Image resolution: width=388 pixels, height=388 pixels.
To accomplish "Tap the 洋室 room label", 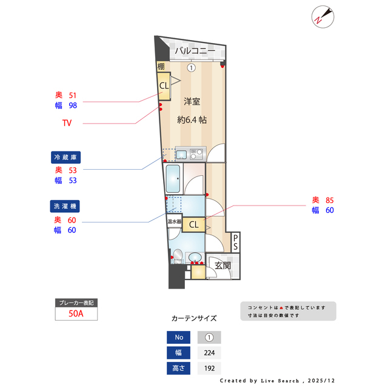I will click(x=192, y=102).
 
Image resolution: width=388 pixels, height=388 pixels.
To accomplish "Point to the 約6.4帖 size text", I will click(x=192, y=120).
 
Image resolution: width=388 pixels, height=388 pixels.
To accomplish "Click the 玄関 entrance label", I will click(x=222, y=266).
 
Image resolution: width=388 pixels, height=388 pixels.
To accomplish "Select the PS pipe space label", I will click(x=235, y=242).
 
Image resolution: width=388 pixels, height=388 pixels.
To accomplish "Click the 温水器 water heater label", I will click(x=175, y=222).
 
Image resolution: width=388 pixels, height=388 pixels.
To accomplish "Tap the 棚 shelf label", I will click(x=161, y=67).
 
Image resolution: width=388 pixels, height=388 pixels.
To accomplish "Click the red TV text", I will click(x=67, y=124).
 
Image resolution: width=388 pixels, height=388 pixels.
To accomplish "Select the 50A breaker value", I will click(x=76, y=314).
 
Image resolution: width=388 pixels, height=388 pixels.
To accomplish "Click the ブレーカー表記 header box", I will click(x=76, y=303).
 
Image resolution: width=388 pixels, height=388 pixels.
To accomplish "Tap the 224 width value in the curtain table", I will click(x=209, y=353).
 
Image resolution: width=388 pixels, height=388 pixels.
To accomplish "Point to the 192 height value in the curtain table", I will click(x=209, y=368).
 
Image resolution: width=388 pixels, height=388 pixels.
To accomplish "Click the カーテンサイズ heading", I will click(x=194, y=318).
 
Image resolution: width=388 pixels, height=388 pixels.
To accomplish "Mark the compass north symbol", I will click(x=321, y=17).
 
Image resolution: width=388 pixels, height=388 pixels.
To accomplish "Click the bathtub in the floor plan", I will click(x=175, y=179).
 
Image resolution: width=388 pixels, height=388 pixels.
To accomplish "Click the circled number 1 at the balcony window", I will click(x=191, y=68).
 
